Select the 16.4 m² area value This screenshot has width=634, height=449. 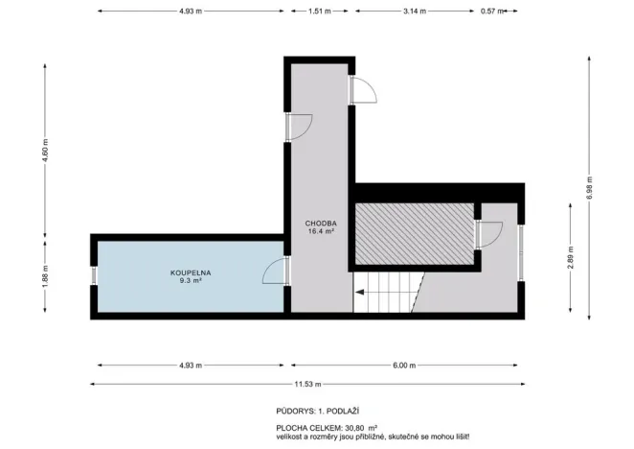click(x=319, y=231)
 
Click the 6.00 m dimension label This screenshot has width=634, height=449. click(x=405, y=365)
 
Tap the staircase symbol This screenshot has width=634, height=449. click(x=388, y=292)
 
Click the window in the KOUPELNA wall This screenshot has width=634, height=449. click(x=94, y=275)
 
